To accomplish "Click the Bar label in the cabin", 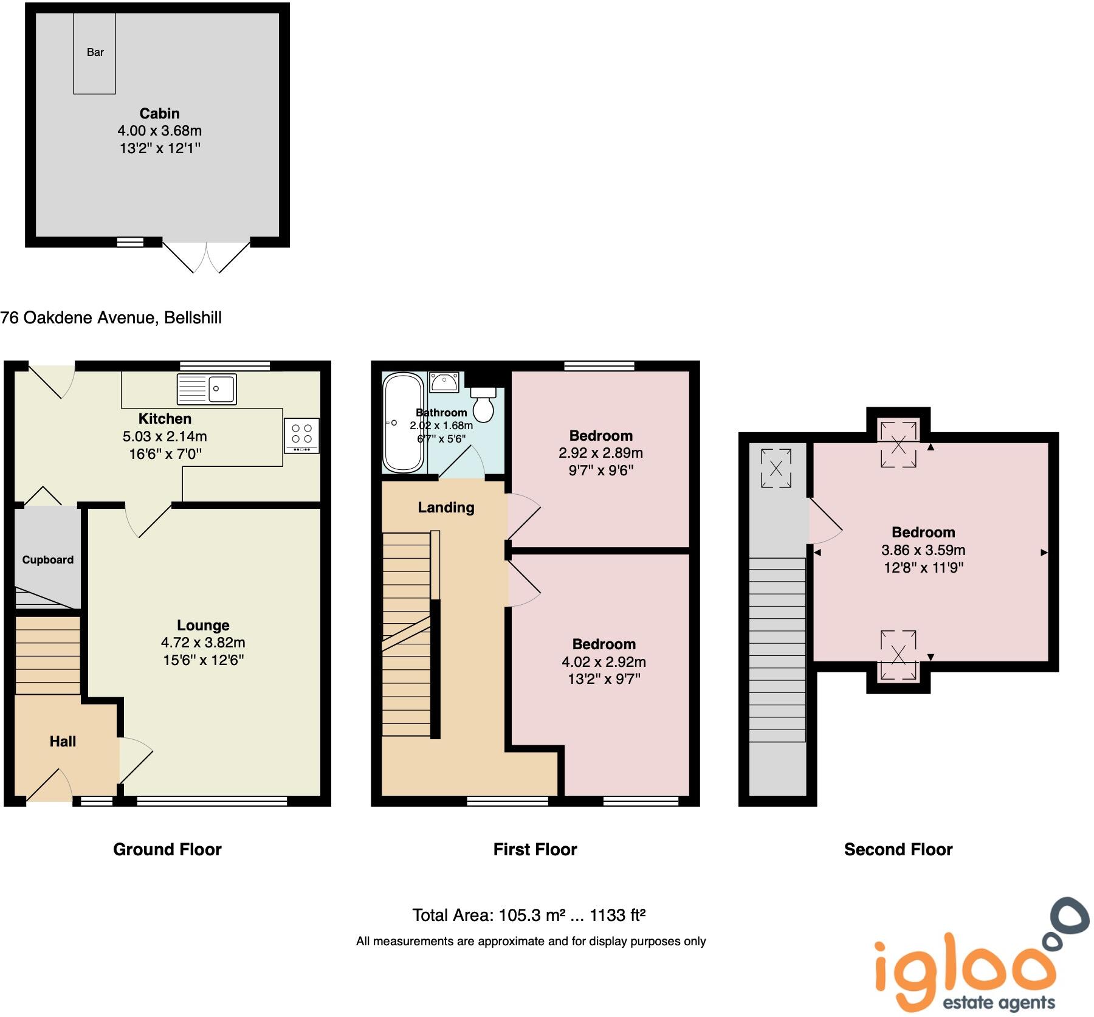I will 95,52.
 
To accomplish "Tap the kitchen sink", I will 207,389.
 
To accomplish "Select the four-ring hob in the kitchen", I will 301,435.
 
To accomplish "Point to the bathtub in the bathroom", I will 402,423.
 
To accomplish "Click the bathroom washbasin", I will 444,382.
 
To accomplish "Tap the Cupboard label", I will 47,560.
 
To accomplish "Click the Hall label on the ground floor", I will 63,741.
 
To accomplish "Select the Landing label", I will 446,508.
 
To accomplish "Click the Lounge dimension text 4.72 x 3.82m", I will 203,643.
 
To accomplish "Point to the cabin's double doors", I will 206,257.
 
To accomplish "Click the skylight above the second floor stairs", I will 776,468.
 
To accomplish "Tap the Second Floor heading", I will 898,849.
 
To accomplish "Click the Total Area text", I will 528,915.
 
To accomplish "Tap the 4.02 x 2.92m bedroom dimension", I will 604,661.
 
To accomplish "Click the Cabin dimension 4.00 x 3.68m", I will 159,131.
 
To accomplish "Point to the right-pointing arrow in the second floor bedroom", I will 1044,553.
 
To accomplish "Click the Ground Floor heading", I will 167,849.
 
